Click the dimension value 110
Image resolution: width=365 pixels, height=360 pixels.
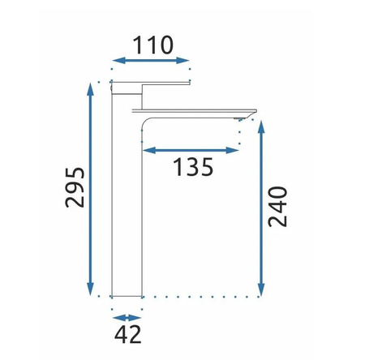[x=153, y=45]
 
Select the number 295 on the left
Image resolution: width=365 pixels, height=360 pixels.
[x=75, y=187]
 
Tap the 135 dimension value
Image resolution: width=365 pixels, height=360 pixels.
[x=193, y=167]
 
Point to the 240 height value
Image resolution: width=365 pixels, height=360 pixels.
[x=277, y=206]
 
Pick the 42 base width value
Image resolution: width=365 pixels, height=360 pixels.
[x=127, y=334]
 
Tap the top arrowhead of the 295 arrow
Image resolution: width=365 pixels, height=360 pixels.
[x=91, y=89]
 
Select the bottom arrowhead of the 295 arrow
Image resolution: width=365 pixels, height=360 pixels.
[x=91, y=289]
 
